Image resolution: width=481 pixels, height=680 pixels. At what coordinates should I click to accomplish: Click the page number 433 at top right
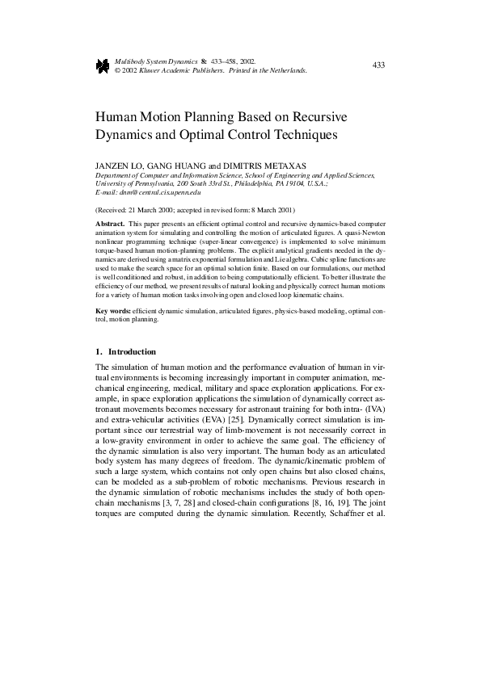(x=378, y=65)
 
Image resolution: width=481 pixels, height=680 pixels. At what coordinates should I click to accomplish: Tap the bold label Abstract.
(x=109, y=221)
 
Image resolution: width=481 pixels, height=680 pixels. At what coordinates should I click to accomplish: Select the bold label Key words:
(x=113, y=311)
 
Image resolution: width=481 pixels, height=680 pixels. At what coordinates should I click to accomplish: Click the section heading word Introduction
(x=132, y=352)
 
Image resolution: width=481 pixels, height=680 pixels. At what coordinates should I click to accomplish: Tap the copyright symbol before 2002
(x=118, y=71)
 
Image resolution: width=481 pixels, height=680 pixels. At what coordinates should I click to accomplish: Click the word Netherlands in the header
(x=287, y=71)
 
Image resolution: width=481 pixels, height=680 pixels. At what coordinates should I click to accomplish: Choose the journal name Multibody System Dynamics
(x=154, y=61)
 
